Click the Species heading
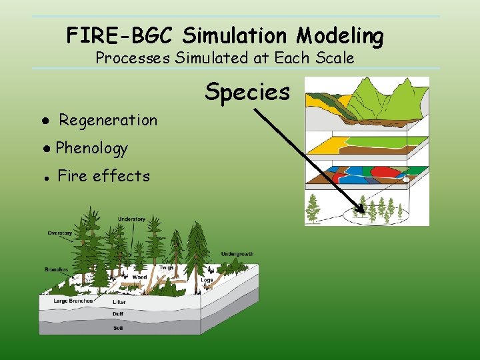click(x=247, y=92)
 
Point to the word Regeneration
click(x=108, y=121)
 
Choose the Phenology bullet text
click(x=91, y=148)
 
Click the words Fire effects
click(x=103, y=176)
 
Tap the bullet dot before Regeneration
click(x=41, y=121)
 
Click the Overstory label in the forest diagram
click(x=60, y=233)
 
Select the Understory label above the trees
click(x=131, y=219)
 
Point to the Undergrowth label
click(x=237, y=254)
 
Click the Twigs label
click(x=166, y=268)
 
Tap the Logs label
click(x=207, y=281)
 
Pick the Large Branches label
click(x=73, y=301)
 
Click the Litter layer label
click(x=119, y=302)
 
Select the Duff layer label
click(x=117, y=314)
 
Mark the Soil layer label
click(x=117, y=327)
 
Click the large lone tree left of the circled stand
click(x=313, y=208)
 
